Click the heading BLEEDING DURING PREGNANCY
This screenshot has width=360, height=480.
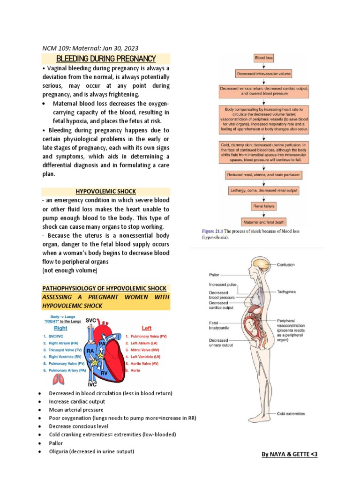pos(105,59)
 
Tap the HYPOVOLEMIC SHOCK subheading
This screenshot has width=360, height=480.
pos(105,191)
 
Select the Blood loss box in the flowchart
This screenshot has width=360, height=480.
pos(263,58)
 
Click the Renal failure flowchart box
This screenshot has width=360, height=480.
pos(263,206)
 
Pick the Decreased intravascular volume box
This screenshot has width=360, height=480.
pos(263,73)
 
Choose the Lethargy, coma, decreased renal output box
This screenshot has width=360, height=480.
pos(263,191)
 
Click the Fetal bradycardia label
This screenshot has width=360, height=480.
pos(218,325)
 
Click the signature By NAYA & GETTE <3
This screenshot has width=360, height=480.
pos(289,454)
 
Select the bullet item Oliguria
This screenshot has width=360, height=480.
pos(91,451)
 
